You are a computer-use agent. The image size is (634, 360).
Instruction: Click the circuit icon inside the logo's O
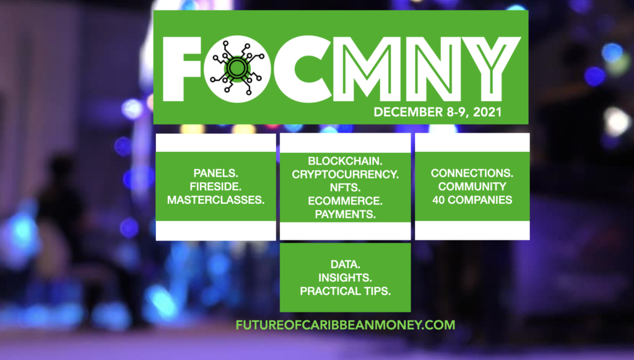coord(237,68)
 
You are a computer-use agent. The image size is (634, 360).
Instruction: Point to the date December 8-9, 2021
coord(438,112)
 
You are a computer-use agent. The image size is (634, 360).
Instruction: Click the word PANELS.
coord(215,173)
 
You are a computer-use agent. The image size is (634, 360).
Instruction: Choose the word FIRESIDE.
coord(215,187)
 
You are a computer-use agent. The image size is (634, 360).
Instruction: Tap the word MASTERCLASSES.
coord(215,200)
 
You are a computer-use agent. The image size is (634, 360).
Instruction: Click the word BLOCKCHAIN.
coord(345,161)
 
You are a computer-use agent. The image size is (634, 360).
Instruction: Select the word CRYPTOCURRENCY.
coord(345,174)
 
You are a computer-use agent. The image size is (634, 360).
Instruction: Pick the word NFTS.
coord(345,188)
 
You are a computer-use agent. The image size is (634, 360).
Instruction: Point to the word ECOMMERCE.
coord(345,201)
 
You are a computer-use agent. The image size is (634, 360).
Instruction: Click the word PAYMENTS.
coord(345,214)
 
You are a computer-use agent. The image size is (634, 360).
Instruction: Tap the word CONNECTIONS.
coord(472,173)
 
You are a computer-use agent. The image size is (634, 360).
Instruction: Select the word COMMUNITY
coord(472,187)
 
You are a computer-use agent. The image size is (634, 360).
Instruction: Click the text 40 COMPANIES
coord(472,200)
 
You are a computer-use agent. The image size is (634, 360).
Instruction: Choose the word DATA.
coord(345,265)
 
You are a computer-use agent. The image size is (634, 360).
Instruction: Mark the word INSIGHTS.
coord(345,278)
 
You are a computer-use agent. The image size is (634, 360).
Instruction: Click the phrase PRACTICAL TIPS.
coord(345,291)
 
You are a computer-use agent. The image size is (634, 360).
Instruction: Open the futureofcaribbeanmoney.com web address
coord(345,325)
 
